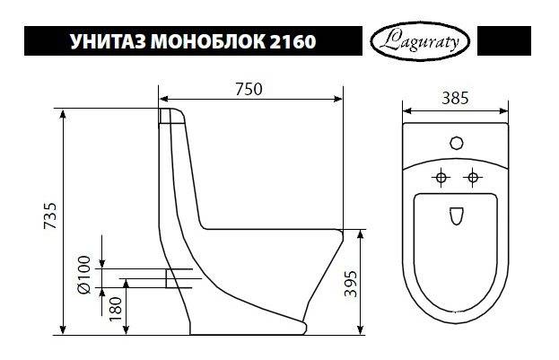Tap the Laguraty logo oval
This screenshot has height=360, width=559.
[x=417, y=41]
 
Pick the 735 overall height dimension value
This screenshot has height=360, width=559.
[x=49, y=218]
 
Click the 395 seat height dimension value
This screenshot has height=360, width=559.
[x=378, y=284]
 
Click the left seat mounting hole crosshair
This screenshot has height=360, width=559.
[x=440, y=177]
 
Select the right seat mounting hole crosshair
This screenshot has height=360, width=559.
[x=470, y=177]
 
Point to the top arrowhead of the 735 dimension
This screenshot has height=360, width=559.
[x=63, y=112]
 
